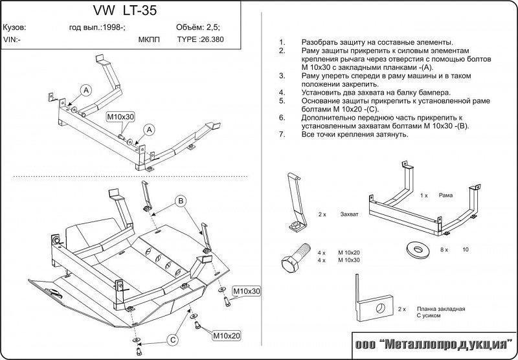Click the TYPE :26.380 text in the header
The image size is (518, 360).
pos(198,39)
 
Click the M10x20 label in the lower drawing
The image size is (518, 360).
pos(227,335)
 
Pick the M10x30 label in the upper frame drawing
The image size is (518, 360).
pos(120,116)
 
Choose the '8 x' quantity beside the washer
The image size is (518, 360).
pos(445,249)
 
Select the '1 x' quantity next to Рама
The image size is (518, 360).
pos(423,195)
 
